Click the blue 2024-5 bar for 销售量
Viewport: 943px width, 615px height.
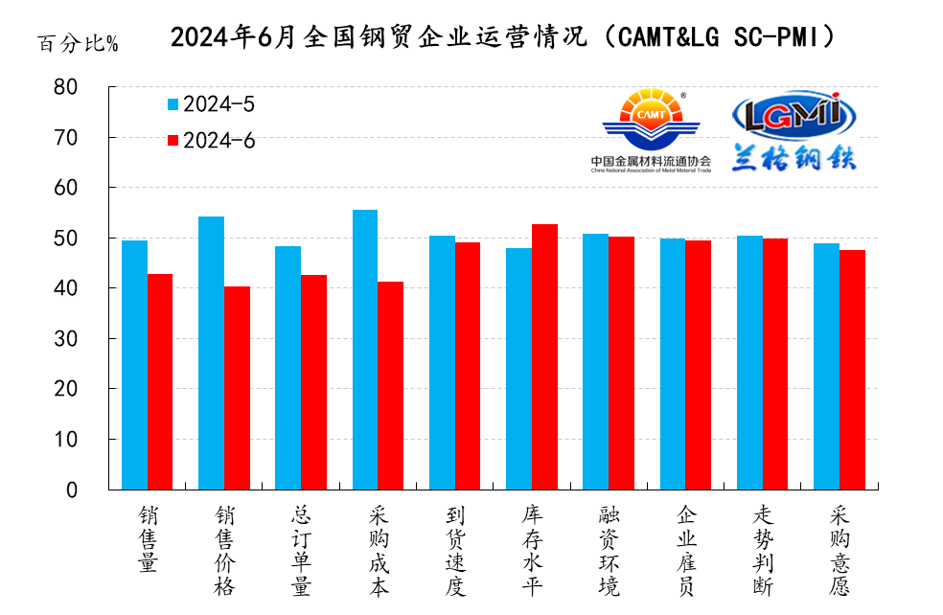point(134,365)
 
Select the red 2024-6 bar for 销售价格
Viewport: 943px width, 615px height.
point(237,388)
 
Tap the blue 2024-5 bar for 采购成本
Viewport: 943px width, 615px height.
point(365,350)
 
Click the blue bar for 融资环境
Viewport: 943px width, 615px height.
point(595,361)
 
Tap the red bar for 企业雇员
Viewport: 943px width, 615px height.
point(698,365)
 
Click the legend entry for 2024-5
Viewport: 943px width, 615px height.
point(211,103)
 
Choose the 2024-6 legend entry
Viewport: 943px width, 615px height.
point(211,140)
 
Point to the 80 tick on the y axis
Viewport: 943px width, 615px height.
point(92,87)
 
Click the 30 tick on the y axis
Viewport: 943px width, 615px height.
point(92,339)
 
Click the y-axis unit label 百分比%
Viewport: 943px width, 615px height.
point(78,44)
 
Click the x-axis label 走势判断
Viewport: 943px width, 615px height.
point(763,550)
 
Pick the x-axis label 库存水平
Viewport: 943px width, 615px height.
point(532,550)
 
